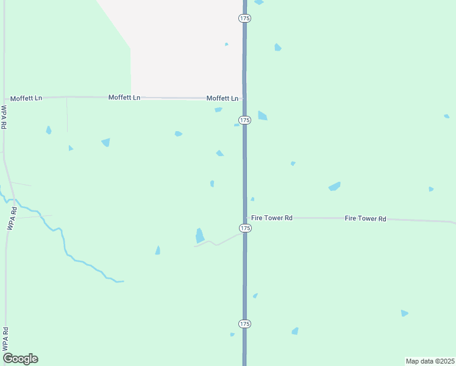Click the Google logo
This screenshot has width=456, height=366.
[20, 359]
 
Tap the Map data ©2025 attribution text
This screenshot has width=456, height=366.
[430, 361]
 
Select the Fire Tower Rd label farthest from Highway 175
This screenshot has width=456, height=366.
[366, 218]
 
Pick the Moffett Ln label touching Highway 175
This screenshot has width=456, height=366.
[223, 98]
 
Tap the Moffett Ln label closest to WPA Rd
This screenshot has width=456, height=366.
[26, 98]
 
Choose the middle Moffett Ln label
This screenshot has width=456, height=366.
[124, 98]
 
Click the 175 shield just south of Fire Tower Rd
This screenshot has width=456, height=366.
[244, 228]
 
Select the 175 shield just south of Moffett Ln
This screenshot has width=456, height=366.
[244, 120]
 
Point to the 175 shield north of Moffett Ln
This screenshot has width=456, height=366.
[244, 19]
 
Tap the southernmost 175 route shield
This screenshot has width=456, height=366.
[244, 323]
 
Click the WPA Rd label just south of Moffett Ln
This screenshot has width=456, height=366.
[4, 117]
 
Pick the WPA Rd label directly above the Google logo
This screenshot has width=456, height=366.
[5, 339]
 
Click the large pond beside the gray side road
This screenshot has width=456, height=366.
[199, 235]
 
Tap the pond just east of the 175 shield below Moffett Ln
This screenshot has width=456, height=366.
[262, 115]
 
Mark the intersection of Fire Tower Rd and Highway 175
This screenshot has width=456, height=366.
[245, 217]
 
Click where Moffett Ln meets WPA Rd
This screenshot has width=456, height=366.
[4, 98]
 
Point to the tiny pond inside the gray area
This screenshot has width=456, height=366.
[226, 44]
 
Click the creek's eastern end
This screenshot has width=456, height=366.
[123, 281]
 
